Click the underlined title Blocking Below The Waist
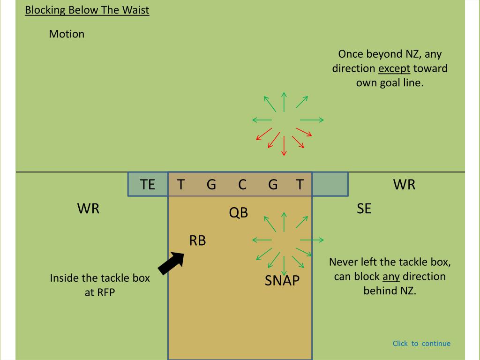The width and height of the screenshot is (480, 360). coord(87,10)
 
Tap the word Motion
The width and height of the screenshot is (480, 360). coord(67,34)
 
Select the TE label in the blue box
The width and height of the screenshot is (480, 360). coord(148,184)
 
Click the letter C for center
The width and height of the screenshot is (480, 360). coord(242,184)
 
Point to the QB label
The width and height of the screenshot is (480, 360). coord(238,213)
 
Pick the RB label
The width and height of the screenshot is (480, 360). coord(197,240)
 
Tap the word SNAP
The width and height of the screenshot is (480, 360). coord(282,281)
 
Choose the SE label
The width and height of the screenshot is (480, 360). coord(364,209)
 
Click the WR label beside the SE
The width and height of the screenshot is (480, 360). coord(404,184)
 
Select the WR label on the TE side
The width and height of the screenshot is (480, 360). coord(89,209)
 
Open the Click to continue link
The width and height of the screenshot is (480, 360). coord(421,344)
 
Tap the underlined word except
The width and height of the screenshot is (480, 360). coord(394,69)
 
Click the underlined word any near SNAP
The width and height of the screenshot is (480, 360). coord(391,276)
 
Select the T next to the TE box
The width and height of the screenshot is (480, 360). coord(180,184)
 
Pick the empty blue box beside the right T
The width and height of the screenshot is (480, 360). coord(330,184)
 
